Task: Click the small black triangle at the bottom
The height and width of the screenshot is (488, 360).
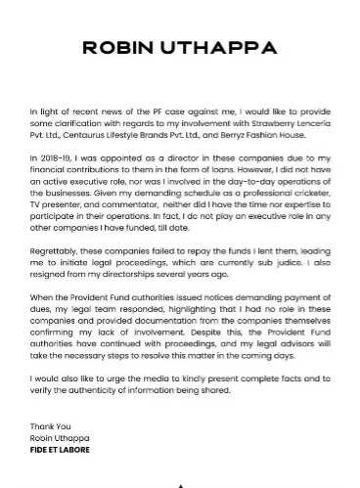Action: click(179, 484)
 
